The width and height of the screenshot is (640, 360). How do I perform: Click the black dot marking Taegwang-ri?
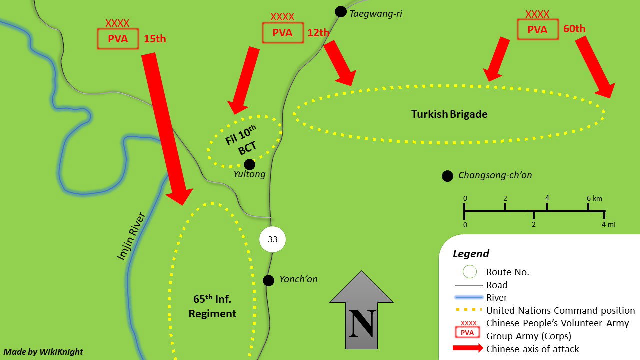pyautogui.click(x=340, y=12)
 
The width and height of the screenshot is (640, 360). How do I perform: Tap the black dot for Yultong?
pyautogui.click(x=249, y=164)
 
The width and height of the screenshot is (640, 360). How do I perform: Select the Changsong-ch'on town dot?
pyautogui.click(x=447, y=176)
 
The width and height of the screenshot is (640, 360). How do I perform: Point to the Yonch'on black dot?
pyautogui.click(x=268, y=281)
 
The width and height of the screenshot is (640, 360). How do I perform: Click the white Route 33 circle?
pyautogui.click(x=272, y=239)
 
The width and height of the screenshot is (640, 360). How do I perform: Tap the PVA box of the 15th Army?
pyautogui.click(x=118, y=39)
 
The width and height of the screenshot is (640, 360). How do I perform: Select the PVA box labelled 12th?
pyautogui.click(x=283, y=33)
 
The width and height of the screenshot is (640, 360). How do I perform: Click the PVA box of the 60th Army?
pyautogui.click(x=537, y=29)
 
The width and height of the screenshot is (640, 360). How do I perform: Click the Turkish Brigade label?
pyautogui.click(x=449, y=114)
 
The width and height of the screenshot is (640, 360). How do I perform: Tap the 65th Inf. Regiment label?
pyautogui.click(x=212, y=306)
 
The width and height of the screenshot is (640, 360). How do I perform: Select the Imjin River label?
pyautogui.click(x=131, y=236)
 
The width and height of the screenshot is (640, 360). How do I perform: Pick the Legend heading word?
pyautogui.click(x=471, y=253)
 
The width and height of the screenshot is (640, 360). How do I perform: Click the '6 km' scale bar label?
pyautogui.click(x=594, y=198)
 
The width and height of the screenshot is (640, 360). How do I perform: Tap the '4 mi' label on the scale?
pyautogui.click(x=609, y=224)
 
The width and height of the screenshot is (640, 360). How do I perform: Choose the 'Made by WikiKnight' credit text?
pyautogui.click(x=43, y=351)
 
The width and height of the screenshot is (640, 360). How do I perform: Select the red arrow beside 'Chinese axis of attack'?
pyautogui.click(x=468, y=348)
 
